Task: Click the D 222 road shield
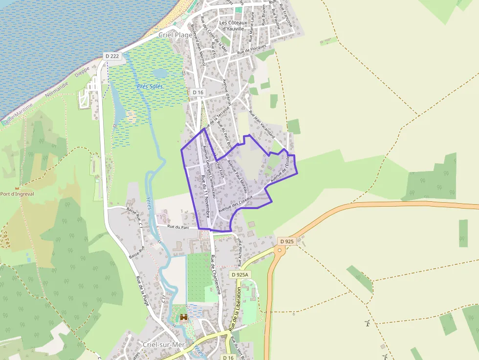point(112,56)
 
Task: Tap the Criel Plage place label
point(175,35)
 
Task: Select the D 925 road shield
point(287,241)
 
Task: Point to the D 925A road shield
point(240,275)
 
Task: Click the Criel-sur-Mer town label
point(163,344)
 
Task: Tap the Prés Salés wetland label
point(150,86)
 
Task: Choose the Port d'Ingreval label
point(17,194)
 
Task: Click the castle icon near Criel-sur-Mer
point(184,318)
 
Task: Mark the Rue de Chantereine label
point(216,274)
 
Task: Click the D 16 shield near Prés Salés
point(197,92)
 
